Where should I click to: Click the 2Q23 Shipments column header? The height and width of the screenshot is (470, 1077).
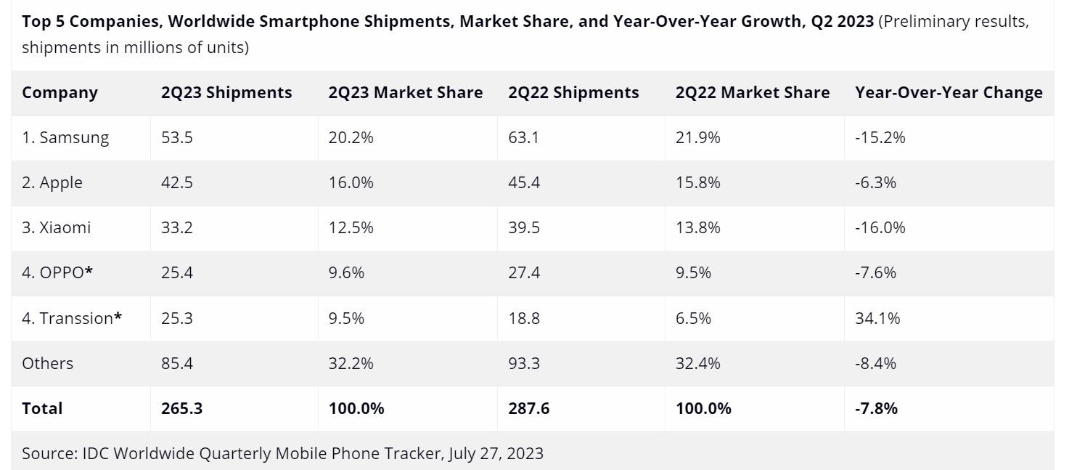coord(226,93)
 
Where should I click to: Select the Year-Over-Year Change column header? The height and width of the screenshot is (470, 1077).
coord(949,93)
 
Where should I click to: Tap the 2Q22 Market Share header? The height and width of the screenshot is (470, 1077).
coord(752,93)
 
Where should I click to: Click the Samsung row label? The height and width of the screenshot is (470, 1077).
coord(65,137)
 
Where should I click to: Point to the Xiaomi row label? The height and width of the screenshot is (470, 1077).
coord(57,227)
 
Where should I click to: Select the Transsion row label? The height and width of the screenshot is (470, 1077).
coord(71,317)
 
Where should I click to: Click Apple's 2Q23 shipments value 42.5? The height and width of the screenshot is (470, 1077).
coord(177,182)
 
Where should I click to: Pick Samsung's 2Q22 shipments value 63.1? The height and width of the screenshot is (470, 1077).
coord(524,137)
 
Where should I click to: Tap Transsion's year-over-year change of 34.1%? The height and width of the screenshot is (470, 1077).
coord(877,317)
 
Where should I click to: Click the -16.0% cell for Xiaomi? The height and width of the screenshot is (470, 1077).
coord(880,227)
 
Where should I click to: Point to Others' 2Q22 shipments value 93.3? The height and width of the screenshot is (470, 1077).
coord(524,362)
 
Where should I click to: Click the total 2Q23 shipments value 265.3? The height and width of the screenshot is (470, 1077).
coord(181,408)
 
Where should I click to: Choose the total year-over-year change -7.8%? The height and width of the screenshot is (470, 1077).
coord(876,408)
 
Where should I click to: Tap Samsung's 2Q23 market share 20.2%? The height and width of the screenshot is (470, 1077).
coord(351,137)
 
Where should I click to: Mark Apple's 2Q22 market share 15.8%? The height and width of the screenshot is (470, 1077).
coord(697,182)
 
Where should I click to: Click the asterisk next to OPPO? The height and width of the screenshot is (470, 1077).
coord(89,271)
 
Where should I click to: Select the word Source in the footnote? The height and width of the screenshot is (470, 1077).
coord(47,454)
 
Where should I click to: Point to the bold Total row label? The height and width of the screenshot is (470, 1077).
coord(42,408)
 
